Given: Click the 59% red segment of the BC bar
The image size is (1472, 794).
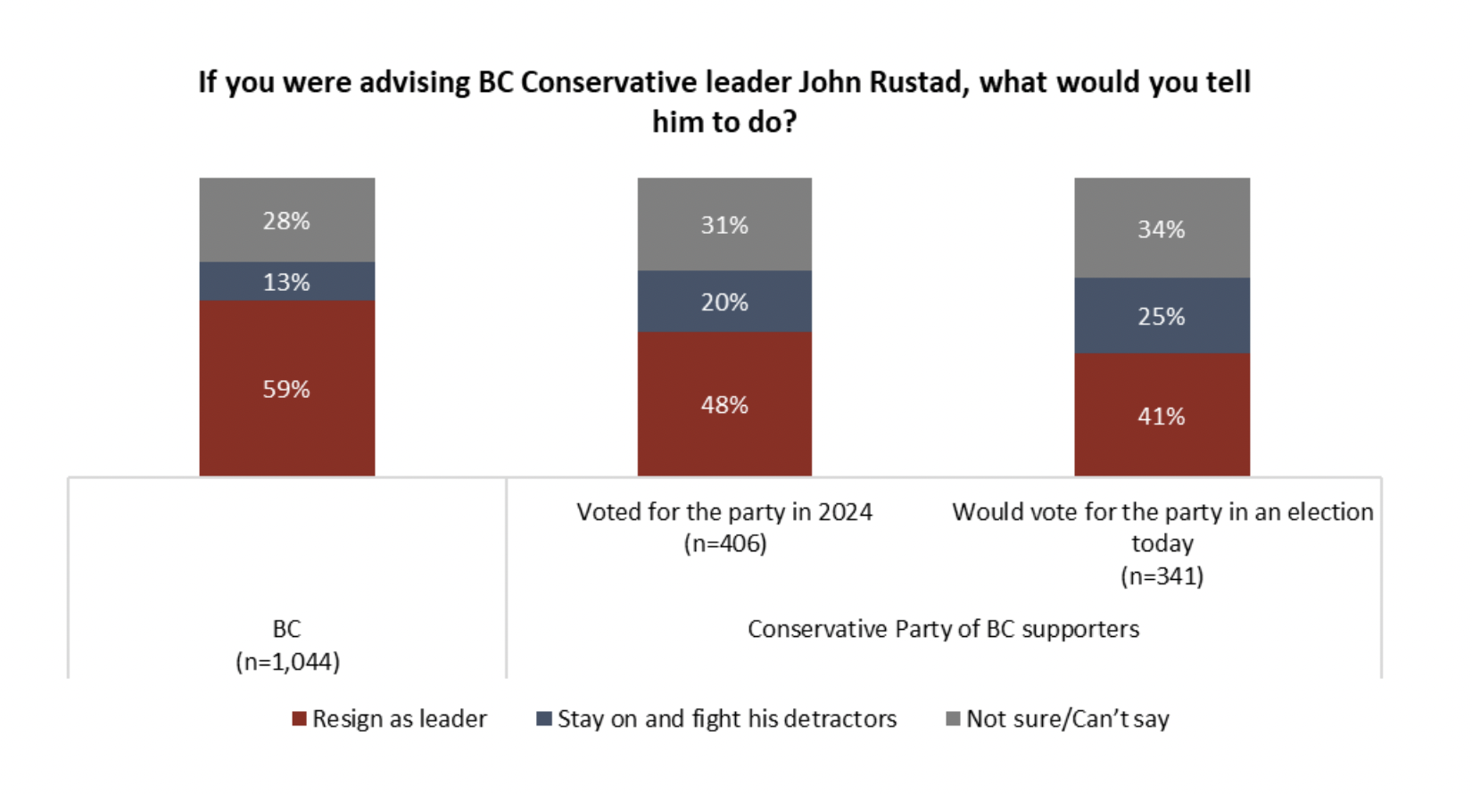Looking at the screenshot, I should [286, 388].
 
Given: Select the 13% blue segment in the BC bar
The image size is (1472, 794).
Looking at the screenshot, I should [286, 282].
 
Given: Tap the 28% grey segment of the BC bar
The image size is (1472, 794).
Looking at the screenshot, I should [286, 220].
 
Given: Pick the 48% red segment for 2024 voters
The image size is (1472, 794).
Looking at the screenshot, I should [724, 404].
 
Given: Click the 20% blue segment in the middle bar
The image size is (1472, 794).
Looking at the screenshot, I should [724, 302].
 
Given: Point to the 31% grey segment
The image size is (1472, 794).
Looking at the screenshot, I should [724, 225].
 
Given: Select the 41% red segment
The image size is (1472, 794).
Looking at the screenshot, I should [1161, 416].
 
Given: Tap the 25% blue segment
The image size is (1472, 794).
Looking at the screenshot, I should [1161, 316].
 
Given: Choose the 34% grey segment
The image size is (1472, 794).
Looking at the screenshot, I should [1161, 228].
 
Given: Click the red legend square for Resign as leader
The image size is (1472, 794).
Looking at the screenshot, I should [300, 719].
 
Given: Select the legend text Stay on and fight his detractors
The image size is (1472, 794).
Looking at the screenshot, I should [726, 719].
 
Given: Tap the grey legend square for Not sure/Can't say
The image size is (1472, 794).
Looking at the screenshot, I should [953, 719].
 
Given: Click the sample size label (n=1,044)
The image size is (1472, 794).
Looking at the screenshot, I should [287, 662].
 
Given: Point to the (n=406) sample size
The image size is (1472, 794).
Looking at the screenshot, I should [724, 543].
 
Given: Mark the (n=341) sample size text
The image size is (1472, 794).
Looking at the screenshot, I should [1162, 575].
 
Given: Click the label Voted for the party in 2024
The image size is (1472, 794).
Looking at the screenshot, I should [724, 512].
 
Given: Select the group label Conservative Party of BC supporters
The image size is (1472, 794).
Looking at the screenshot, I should [943, 629].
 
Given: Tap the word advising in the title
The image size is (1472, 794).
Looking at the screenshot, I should [415, 82].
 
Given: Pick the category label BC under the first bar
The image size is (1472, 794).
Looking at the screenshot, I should [286, 629].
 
